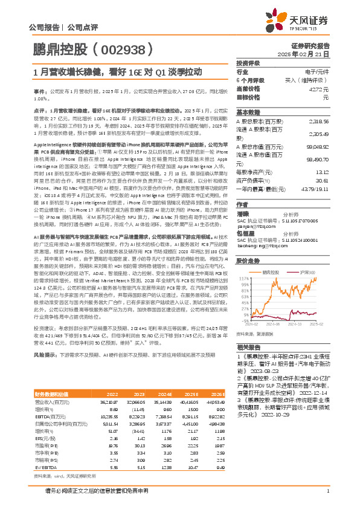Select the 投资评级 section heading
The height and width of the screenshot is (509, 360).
pos(248,62)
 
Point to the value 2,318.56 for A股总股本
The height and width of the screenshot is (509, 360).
pos(318,121)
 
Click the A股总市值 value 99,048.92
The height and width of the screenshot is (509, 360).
pos(317,146)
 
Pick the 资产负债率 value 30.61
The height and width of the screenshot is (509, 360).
pos(322,180)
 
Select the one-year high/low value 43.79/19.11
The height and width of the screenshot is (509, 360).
pos(315,188)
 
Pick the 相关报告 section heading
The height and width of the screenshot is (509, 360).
pos(248,348)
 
